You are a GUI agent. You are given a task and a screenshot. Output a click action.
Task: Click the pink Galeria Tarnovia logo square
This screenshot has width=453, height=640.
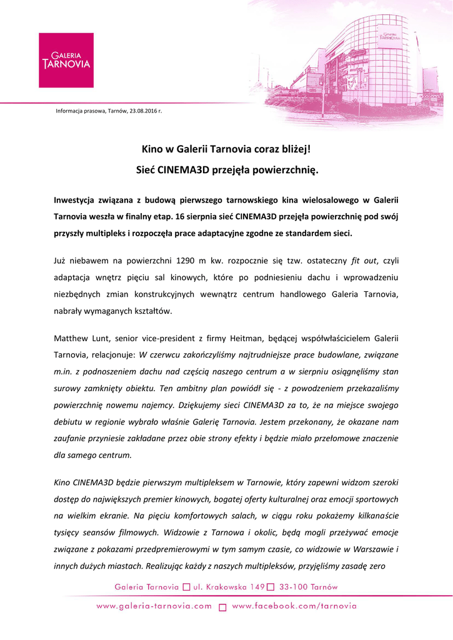(x=66, y=61)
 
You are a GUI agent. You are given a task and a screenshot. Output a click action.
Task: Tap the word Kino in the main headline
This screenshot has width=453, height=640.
(x=150, y=149)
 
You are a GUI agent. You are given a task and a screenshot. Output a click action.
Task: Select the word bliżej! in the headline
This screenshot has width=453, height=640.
(x=294, y=149)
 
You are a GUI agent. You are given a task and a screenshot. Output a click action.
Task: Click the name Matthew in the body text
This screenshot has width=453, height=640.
(x=72, y=338)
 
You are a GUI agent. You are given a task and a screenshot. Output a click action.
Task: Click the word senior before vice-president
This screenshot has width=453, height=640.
(x=131, y=338)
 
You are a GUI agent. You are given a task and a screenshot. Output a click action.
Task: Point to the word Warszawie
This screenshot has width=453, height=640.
(x=371, y=549)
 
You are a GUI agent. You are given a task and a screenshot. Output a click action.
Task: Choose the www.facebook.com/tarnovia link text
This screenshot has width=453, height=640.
(x=294, y=606)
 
